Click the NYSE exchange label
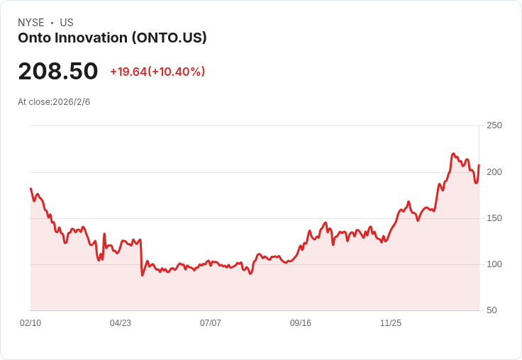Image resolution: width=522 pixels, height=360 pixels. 31,23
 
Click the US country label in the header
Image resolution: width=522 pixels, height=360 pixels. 67,23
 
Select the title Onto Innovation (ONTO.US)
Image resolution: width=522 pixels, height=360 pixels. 112,38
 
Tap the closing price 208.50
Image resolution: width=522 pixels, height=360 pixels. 58,72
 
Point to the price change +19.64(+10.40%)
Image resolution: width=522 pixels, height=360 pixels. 157,72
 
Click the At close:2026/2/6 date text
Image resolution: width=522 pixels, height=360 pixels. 54,102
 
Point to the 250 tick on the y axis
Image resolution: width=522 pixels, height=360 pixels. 494,125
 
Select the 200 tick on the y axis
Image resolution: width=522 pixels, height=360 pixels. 494,172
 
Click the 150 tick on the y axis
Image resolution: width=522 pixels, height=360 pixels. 494,218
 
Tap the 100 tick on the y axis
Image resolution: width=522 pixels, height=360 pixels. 494,264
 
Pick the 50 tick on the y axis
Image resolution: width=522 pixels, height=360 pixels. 491,310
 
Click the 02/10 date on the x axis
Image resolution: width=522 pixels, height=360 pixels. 30,323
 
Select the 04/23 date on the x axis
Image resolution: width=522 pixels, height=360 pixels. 121,323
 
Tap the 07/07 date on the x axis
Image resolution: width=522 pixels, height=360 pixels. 211,323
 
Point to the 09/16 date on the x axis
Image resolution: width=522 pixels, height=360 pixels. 301,323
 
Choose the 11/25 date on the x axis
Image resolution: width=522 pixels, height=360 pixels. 391,323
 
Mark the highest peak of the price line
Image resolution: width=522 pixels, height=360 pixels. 453,153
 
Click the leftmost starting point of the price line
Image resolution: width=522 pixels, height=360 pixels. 30,189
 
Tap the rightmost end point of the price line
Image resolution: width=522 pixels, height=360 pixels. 479,165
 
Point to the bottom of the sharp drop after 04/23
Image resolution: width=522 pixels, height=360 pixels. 143,275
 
